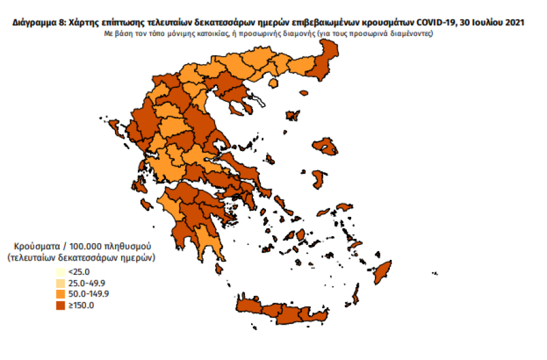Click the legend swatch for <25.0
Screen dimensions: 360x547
point(59,272)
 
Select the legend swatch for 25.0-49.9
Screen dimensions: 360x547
point(59,283)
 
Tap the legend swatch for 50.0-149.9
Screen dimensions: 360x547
point(59,293)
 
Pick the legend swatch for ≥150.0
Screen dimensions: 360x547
point(59,305)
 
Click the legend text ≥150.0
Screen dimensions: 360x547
point(81,305)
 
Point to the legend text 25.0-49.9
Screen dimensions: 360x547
point(86,283)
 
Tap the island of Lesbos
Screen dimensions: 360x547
point(326,148)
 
